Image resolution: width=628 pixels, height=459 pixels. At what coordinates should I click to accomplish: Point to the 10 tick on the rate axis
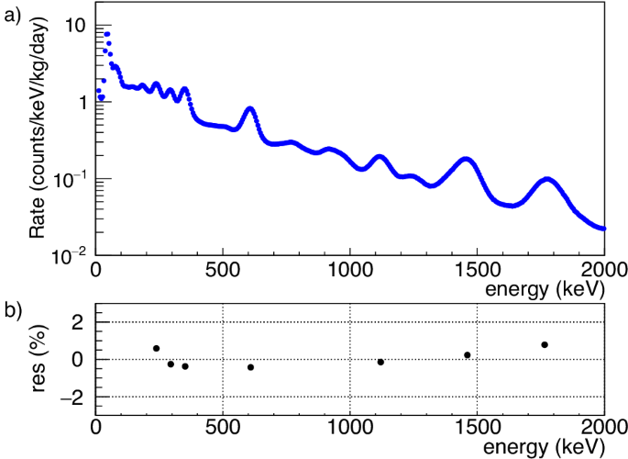75,26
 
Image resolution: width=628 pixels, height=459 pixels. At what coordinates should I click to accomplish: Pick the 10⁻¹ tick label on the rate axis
72,178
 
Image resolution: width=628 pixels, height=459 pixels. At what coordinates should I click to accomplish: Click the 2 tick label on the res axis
77,322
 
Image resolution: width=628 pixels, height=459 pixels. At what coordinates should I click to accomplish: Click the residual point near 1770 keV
545,344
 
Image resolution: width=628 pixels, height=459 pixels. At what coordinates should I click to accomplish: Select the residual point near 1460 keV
468,355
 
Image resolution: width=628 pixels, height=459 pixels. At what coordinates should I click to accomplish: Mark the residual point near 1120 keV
380,362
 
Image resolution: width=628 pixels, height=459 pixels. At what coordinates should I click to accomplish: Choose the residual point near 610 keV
250,367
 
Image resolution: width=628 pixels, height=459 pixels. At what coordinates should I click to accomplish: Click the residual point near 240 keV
157,348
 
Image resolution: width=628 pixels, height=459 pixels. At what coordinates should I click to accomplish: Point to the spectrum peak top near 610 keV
250,108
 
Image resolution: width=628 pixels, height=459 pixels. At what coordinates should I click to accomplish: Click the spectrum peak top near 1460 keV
467,159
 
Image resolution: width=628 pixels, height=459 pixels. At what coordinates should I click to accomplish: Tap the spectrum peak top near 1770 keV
547,179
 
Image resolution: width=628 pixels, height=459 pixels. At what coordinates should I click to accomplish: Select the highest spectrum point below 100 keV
107,34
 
